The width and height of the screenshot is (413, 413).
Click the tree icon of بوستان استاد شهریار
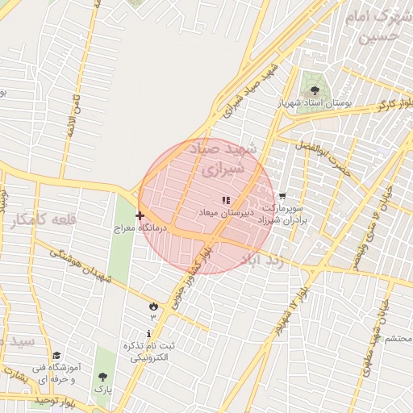point(315,90)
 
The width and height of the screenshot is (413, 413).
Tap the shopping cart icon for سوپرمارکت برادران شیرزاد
point(282,196)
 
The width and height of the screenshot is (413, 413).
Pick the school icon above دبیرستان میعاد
point(226,199)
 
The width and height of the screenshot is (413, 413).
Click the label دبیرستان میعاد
point(227,211)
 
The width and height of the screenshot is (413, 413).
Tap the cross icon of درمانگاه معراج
point(140,215)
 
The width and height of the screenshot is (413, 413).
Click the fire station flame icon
point(153,305)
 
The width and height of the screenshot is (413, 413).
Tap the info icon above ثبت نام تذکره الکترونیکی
point(149,333)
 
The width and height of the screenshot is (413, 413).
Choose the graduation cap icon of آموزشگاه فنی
point(56,356)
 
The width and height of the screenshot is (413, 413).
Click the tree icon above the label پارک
point(102,376)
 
